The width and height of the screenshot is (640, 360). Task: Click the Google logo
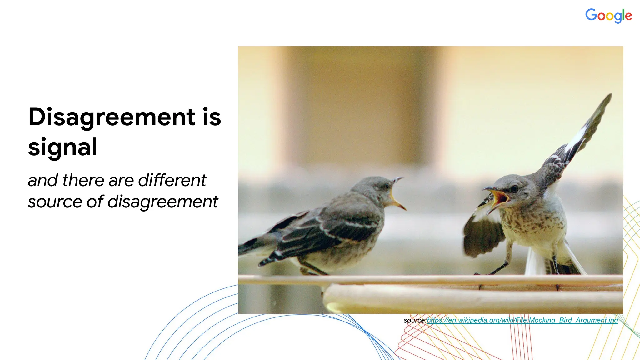coord(608,16)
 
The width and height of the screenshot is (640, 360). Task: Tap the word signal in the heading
coord(62,147)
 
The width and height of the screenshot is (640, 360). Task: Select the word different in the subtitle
coord(172,180)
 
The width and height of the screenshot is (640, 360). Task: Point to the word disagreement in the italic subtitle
coord(162,202)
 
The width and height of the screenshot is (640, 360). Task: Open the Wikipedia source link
coord(522,320)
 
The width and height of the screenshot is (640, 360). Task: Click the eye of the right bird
coord(514,189)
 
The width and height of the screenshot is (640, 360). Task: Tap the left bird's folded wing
coord(328,231)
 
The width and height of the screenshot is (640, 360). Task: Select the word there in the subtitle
coord(83,180)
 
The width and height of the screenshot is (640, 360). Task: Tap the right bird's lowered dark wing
coord(483,233)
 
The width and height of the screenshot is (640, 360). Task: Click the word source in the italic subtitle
coord(55,202)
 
